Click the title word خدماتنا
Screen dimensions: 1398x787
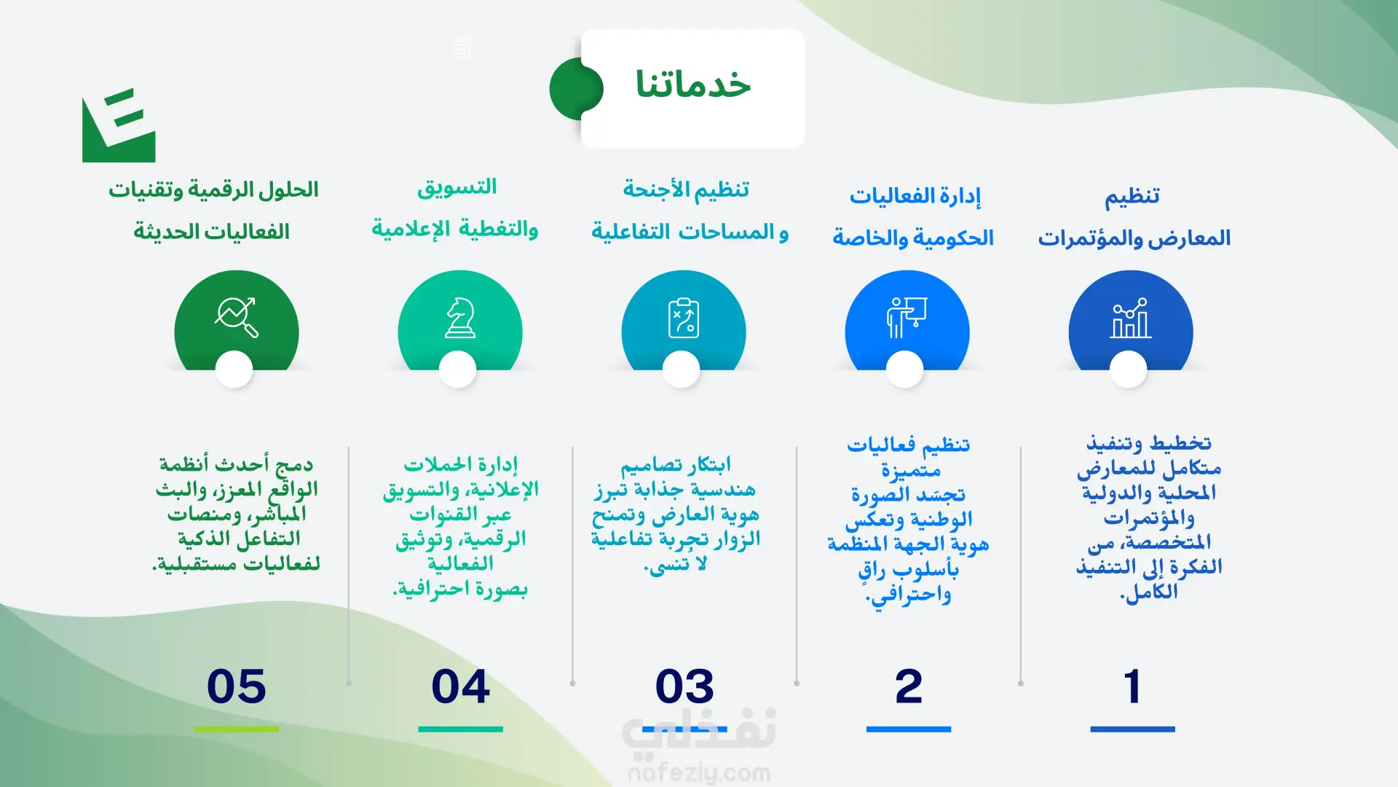click(692, 85)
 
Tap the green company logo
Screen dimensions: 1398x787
click(119, 125)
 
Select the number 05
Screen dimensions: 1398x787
click(237, 686)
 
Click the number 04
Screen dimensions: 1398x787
click(460, 686)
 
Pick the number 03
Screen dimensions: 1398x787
click(684, 686)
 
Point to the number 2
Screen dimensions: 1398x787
click(909, 686)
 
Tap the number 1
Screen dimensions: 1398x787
click(1132, 686)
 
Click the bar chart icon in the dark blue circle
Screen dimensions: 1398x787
click(1131, 318)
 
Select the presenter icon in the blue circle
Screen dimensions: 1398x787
click(907, 318)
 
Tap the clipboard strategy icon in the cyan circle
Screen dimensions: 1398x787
click(684, 318)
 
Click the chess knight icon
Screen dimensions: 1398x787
click(460, 318)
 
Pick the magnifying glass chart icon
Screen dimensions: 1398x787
click(237, 318)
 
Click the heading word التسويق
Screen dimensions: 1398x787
click(457, 187)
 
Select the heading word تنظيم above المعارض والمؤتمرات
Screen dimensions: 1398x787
click(1132, 196)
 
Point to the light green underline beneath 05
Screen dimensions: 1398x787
click(237, 729)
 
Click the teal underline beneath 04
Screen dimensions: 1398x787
click(460, 729)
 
